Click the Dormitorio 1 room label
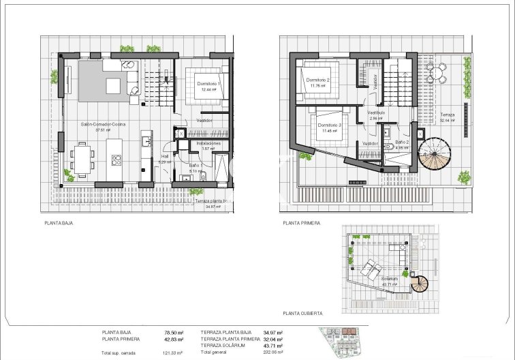click(x=206, y=83)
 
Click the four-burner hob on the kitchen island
click(x=116, y=162)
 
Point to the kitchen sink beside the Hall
click(x=145, y=142)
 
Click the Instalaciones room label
click(x=208, y=144)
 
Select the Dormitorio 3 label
click(x=329, y=125)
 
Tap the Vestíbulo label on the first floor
click(x=376, y=112)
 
